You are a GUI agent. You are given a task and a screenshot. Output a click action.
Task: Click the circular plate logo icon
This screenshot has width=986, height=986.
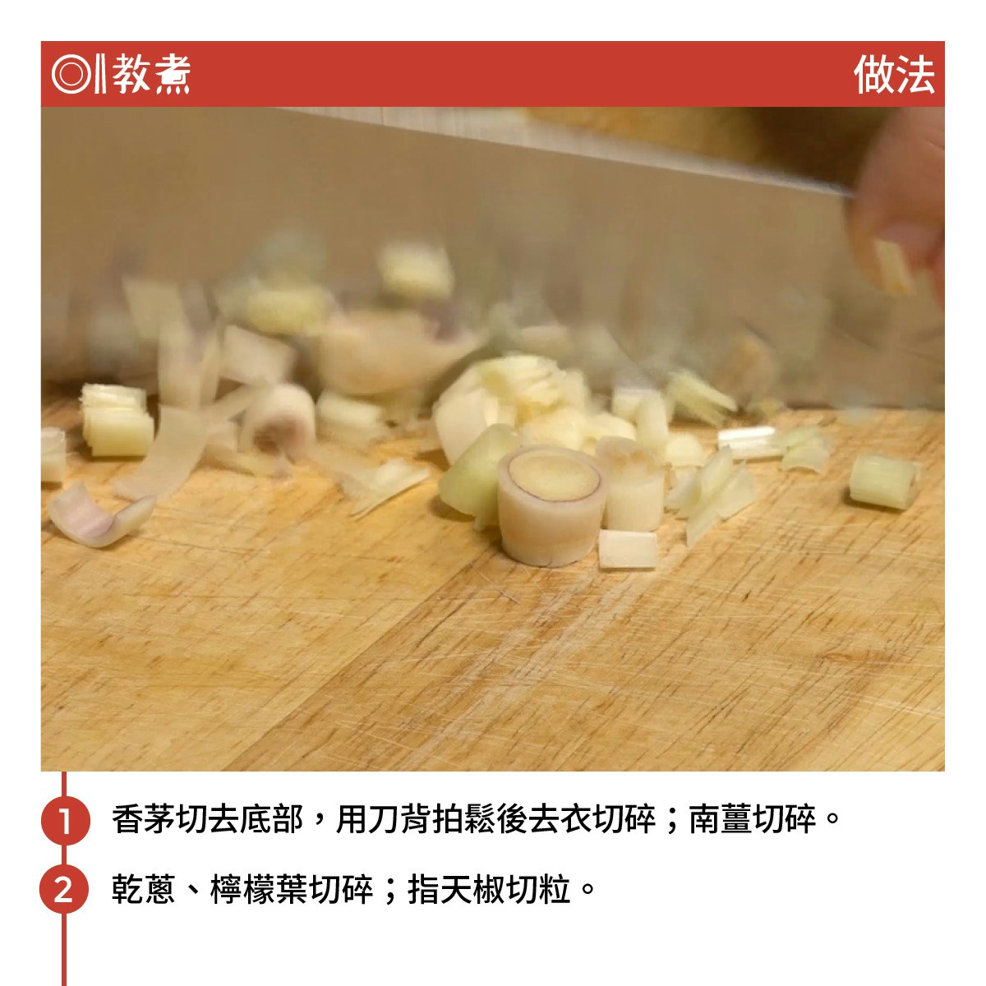pyautogui.click(x=71, y=74)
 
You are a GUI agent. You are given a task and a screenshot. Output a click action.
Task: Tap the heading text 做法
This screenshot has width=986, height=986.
pyautogui.click(x=894, y=75)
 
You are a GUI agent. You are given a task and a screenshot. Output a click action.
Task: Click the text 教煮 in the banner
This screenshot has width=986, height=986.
pyautogui.click(x=151, y=74)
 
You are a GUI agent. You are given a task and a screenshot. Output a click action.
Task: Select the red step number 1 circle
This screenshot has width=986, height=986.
pyautogui.click(x=66, y=820)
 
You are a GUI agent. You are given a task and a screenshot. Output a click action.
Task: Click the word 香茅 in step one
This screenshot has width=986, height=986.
pyautogui.click(x=143, y=819)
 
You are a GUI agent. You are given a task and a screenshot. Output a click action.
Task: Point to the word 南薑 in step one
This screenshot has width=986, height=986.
pyautogui.click(x=721, y=819)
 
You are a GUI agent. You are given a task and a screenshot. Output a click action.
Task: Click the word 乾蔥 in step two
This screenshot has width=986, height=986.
pyautogui.click(x=143, y=889)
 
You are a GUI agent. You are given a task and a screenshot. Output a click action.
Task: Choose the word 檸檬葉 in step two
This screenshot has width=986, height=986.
pyautogui.click(x=258, y=889)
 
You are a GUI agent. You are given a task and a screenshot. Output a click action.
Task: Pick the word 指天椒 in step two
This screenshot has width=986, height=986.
pyautogui.click(x=456, y=889)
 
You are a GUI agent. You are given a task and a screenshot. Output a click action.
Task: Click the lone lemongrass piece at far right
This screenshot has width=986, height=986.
pyautogui.click(x=885, y=481)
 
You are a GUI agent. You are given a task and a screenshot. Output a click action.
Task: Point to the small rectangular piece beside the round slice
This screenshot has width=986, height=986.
pyautogui.click(x=628, y=550)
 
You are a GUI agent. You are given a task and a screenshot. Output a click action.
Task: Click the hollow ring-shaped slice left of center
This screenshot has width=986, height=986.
pyautogui.click(x=278, y=418)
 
